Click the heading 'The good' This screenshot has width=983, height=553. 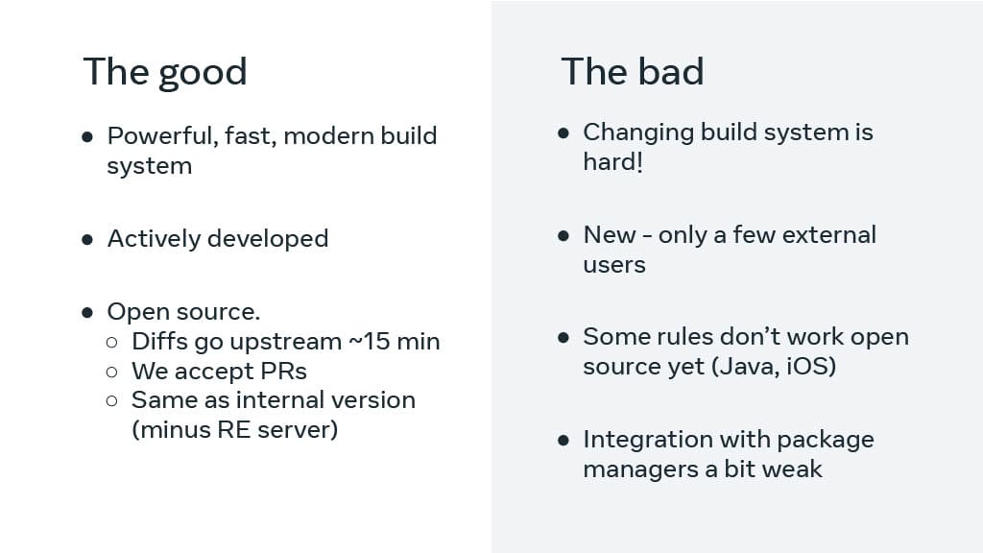click(x=165, y=72)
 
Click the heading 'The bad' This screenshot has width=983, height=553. click(x=633, y=71)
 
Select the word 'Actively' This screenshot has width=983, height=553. click(x=153, y=239)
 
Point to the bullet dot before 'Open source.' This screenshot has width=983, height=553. click(x=87, y=312)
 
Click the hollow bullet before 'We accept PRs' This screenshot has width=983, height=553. click(x=111, y=373)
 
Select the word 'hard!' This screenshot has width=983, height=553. click(x=613, y=161)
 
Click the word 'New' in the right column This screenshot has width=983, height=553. click(x=610, y=235)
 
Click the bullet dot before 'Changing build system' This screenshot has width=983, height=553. click(x=563, y=132)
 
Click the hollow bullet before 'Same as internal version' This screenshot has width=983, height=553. click(x=111, y=400)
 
